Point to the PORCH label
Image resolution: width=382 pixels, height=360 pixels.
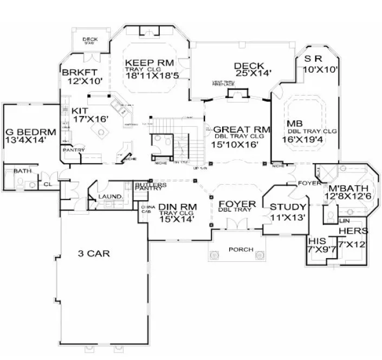click(234, 250)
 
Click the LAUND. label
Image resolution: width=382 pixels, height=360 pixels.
click(108, 196)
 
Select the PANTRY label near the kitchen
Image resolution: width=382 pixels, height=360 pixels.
click(73, 149)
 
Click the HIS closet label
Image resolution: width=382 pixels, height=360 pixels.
click(315, 240)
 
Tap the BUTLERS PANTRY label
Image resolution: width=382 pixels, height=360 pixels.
click(148, 187)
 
